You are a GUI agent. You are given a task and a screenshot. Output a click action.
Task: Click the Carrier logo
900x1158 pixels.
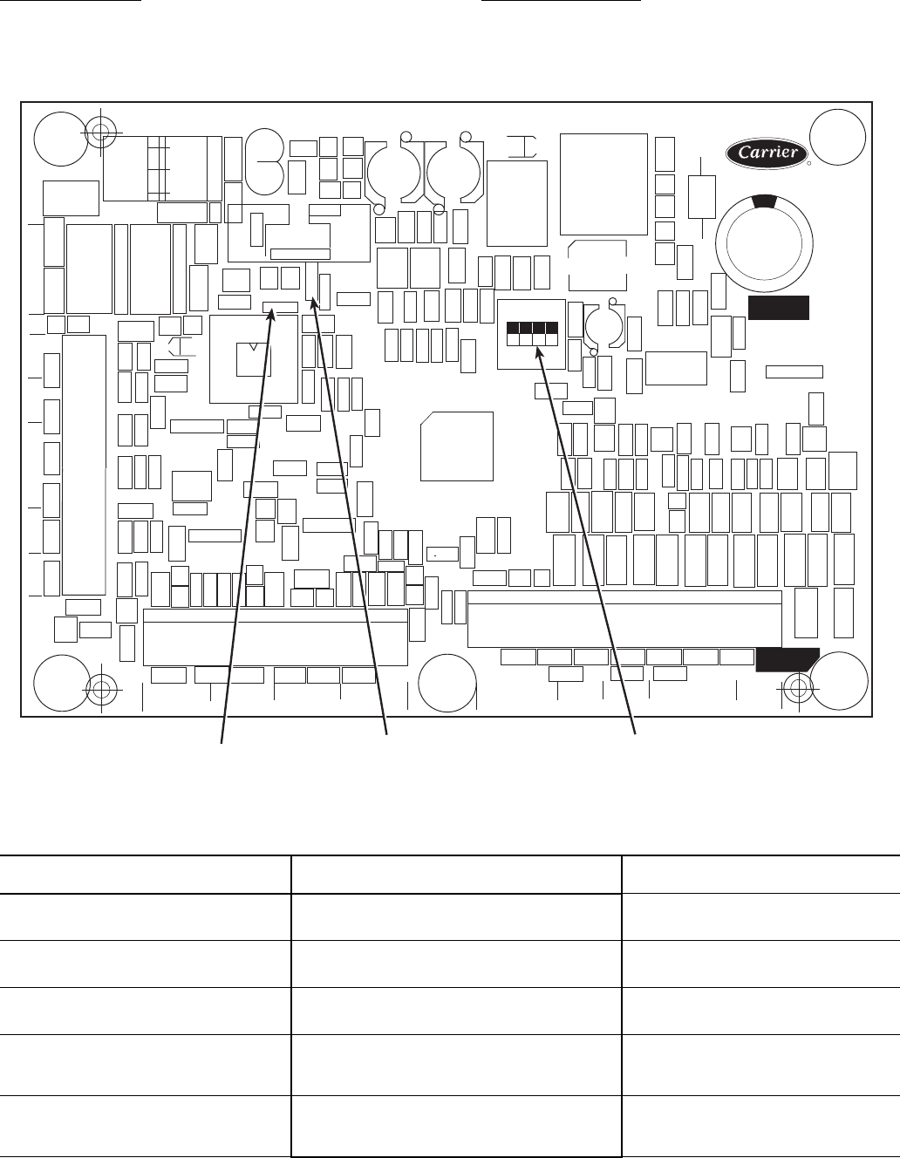pos(767,153)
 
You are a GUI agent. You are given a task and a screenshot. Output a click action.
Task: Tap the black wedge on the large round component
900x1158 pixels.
pos(764,201)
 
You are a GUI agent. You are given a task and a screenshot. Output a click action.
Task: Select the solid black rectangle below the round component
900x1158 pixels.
pos(779,308)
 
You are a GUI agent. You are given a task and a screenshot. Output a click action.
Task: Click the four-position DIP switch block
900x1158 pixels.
pos(532,334)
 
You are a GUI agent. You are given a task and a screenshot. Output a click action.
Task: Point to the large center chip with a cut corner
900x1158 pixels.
pos(457,446)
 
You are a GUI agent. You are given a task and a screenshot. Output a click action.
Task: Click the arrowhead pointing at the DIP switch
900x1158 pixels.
pos(539,353)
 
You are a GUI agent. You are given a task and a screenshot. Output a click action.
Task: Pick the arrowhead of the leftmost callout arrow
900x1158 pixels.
pos(271,316)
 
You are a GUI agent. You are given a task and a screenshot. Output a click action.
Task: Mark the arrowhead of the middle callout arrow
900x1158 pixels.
pos(314,303)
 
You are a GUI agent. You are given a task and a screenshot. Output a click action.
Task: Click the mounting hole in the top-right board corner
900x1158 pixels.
pos(837,138)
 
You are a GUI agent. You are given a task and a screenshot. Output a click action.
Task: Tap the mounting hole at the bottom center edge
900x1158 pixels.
pos(447,683)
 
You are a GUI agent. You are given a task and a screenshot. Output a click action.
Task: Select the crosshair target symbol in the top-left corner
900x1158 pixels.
pos(100,133)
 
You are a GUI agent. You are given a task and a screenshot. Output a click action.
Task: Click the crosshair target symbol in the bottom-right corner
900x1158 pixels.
pos(798,688)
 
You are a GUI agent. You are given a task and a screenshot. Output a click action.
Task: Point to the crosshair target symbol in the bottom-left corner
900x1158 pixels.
pos(101,690)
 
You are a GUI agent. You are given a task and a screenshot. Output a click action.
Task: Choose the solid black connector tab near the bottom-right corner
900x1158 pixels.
pos(787,660)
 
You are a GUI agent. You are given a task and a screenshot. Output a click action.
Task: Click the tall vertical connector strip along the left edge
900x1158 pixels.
pos(85,465)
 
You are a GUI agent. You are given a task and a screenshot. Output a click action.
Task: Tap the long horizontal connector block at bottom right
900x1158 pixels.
pos(624,619)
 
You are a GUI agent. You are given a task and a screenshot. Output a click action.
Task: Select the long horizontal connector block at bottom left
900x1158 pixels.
pos(276,637)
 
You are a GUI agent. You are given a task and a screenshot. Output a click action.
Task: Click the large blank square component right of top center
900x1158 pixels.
pos(603,184)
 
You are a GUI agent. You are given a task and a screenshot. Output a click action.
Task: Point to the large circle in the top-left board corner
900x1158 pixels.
pos(61,139)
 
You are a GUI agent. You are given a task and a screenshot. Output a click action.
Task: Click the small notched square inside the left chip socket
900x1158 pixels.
pos(254,360)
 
